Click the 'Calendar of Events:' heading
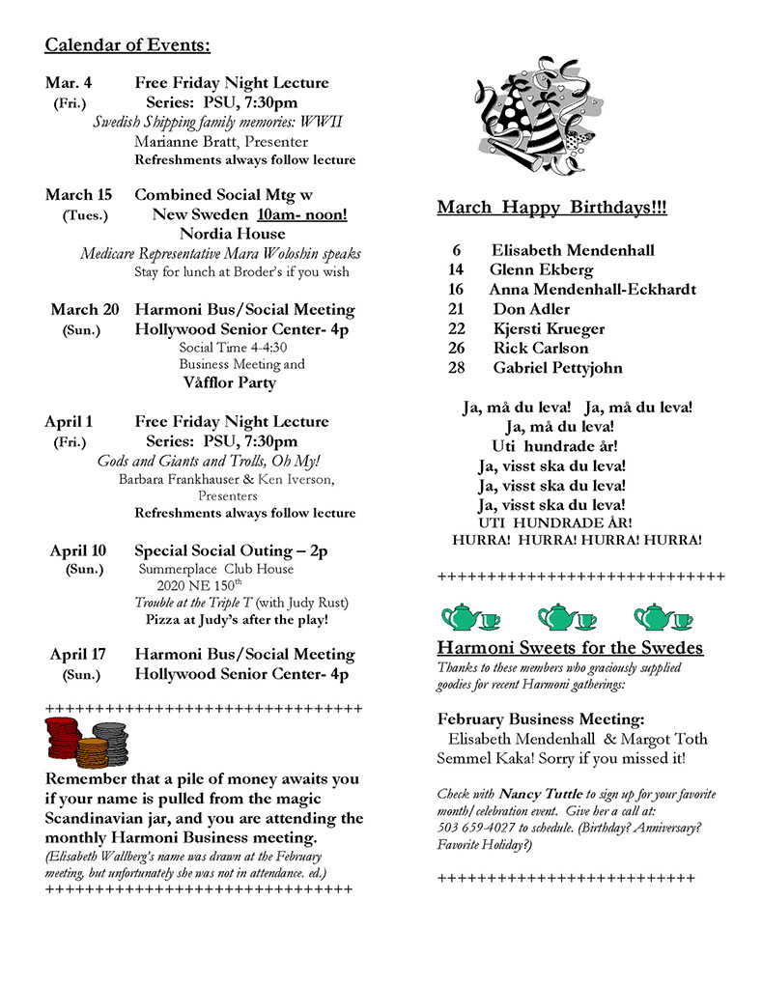click(127, 45)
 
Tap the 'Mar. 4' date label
click(69, 83)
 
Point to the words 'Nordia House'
click(232, 234)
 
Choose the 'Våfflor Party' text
click(229, 382)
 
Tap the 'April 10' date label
click(78, 551)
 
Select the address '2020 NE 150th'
click(200, 585)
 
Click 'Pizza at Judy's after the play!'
click(237, 620)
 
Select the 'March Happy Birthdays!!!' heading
click(551, 209)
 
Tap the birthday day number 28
click(457, 368)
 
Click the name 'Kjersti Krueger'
click(541, 328)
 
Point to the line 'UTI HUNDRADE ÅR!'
click(555, 522)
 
